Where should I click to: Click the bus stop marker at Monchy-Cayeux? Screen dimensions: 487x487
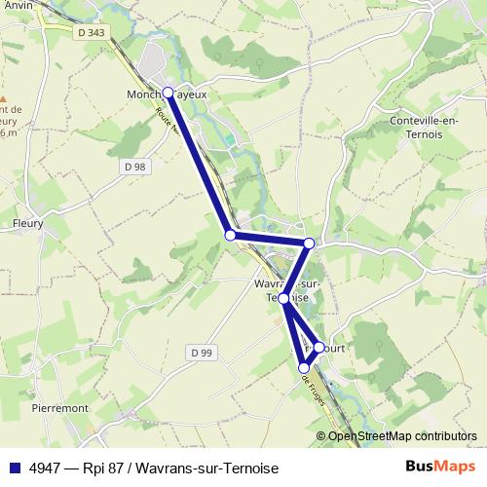[x=168, y=93]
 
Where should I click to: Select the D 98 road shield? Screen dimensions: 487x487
[x=135, y=167]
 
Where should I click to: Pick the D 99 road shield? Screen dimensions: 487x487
[x=201, y=352]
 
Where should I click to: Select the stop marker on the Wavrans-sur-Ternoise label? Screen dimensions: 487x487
[x=283, y=298]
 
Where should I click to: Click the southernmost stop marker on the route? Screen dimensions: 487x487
[x=304, y=367]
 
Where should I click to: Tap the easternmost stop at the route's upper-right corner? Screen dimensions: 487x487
[x=309, y=243]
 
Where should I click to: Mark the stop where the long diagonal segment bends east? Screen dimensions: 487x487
[x=230, y=235]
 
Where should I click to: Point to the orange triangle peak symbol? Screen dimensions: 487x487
[x=3, y=99]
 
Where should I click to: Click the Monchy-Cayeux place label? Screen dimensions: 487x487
[x=167, y=94]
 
